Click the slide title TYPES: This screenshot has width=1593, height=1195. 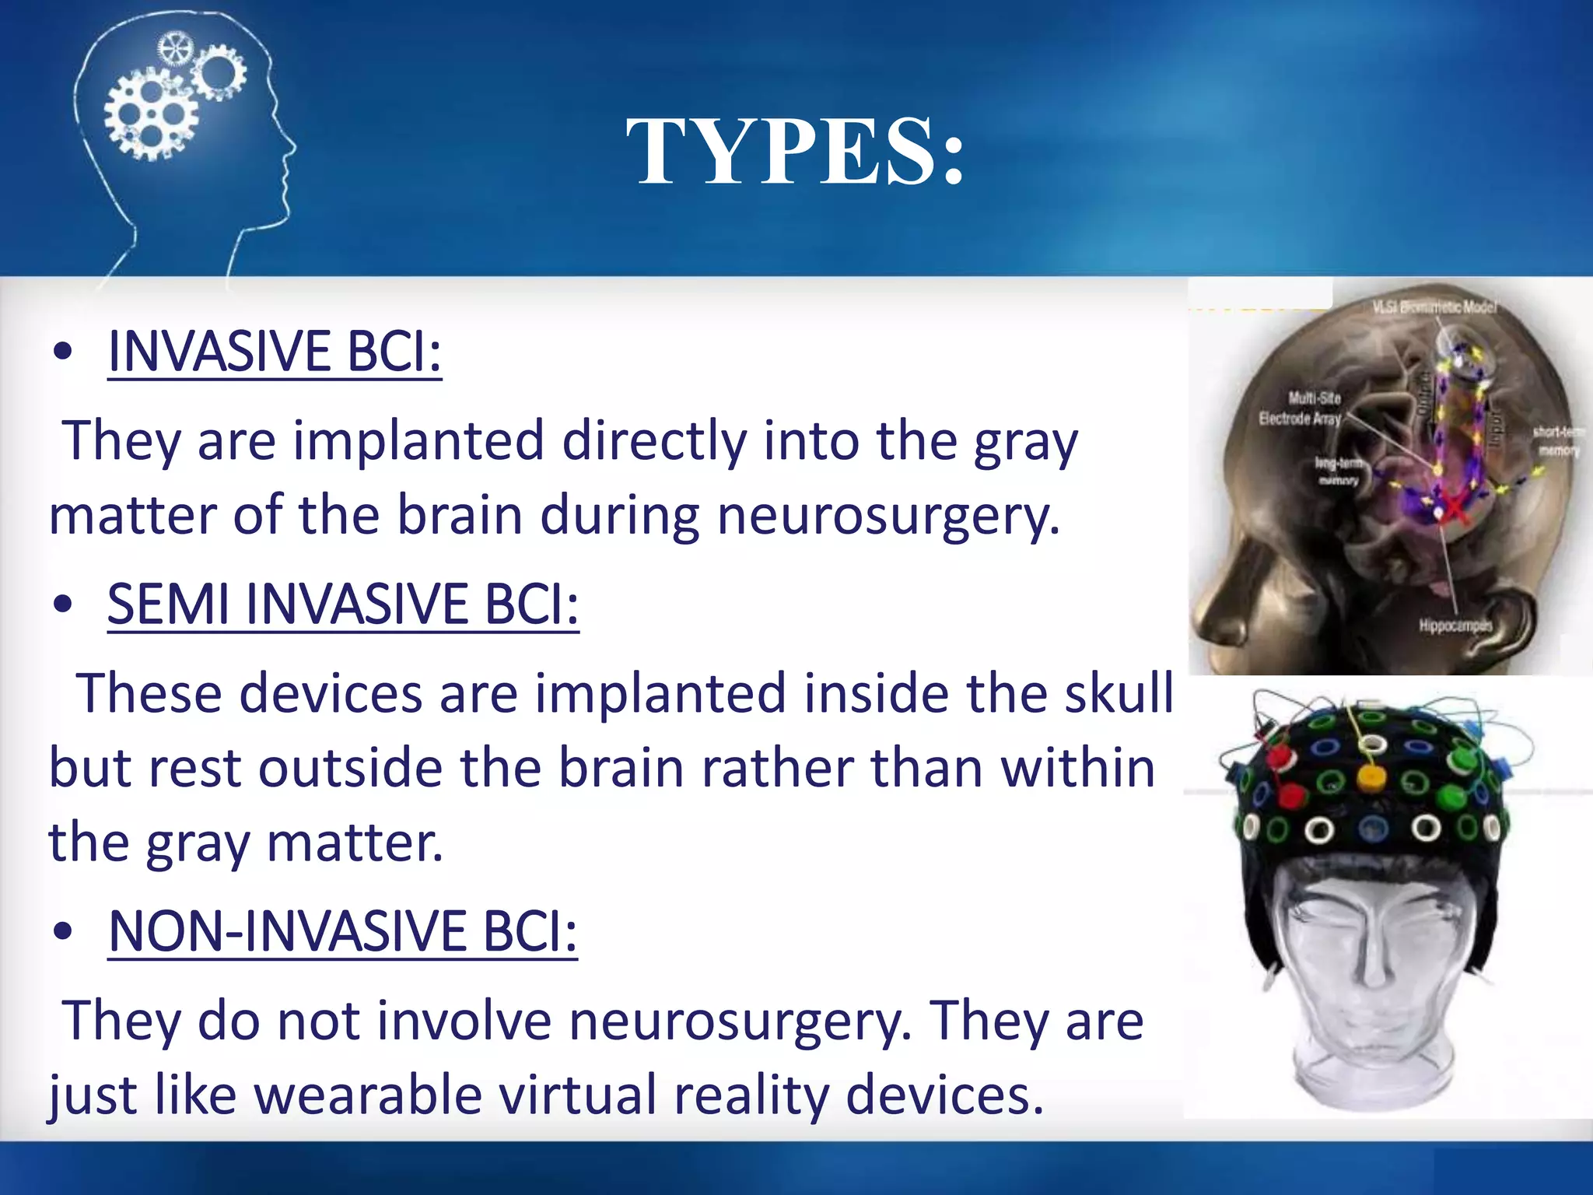coord(795,152)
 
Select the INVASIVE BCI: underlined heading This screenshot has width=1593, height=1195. coord(275,352)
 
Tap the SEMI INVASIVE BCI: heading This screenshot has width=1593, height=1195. coord(343,605)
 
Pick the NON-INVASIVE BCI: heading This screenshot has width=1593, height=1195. coord(342,931)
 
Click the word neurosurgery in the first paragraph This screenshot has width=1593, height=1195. coord(888,516)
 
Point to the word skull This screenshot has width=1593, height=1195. coord(1119,692)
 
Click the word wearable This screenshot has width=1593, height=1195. coord(367,1095)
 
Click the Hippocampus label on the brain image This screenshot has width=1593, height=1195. coord(1455,626)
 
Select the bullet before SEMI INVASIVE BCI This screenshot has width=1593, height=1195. coord(63,605)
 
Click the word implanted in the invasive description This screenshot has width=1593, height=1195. coord(418,441)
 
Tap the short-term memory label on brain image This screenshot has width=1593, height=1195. coord(1558,440)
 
